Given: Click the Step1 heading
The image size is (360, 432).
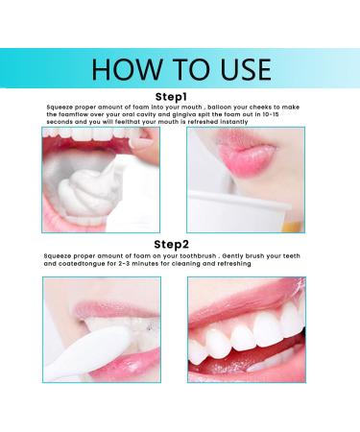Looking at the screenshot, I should coord(180,96).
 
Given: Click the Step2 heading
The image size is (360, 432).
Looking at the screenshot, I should coord(180,245).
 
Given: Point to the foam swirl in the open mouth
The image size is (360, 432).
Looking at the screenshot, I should coord(94,197).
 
